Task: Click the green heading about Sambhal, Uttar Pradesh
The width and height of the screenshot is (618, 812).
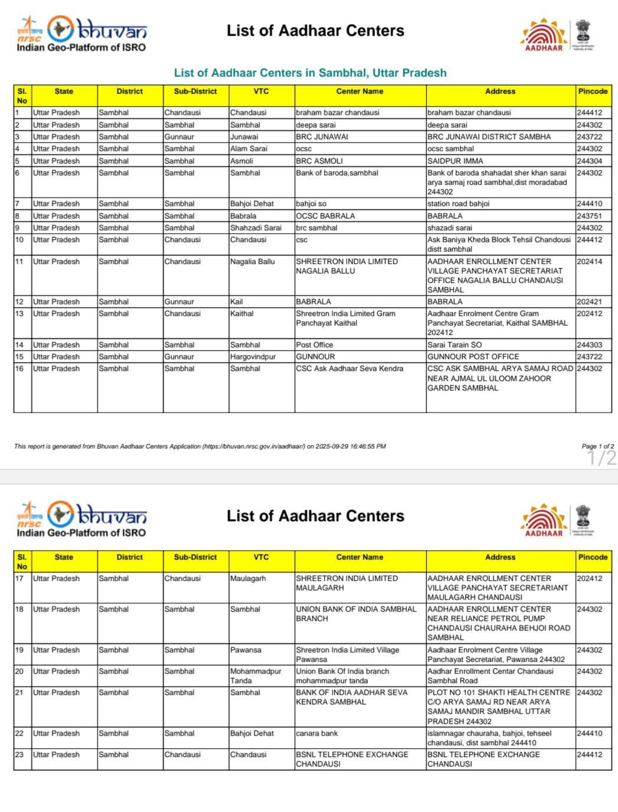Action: click(x=310, y=73)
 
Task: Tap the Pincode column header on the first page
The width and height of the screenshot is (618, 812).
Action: click(x=593, y=92)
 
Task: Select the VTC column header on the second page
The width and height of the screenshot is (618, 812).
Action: click(x=261, y=557)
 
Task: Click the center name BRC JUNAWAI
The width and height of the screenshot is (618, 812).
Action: click(x=322, y=137)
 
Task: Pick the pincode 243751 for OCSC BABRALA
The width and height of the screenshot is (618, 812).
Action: click(x=590, y=216)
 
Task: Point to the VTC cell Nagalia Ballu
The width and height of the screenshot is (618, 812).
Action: click(x=253, y=261)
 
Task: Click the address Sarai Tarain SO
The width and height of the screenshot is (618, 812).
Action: click(x=454, y=345)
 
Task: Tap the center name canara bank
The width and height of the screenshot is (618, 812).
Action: click(x=317, y=733)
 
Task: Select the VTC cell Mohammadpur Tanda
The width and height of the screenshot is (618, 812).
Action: click(x=256, y=676)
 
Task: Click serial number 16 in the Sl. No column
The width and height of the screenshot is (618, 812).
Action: click(x=19, y=368)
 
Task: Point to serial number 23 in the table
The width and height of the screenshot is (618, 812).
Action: click(x=19, y=755)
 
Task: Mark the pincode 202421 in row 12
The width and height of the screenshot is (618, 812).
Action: click(x=590, y=301)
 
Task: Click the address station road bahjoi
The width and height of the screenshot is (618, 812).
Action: click(x=458, y=203)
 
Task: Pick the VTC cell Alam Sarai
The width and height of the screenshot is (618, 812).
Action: click(x=248, y=148)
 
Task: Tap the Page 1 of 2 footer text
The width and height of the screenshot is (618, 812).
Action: click(x=597, y=446)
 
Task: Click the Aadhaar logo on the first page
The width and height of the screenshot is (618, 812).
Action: click(x=544, y=34)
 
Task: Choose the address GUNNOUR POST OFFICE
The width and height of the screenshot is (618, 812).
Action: click(x=473, y=356)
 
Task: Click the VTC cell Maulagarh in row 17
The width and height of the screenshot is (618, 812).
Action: click(x=248, y=579)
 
